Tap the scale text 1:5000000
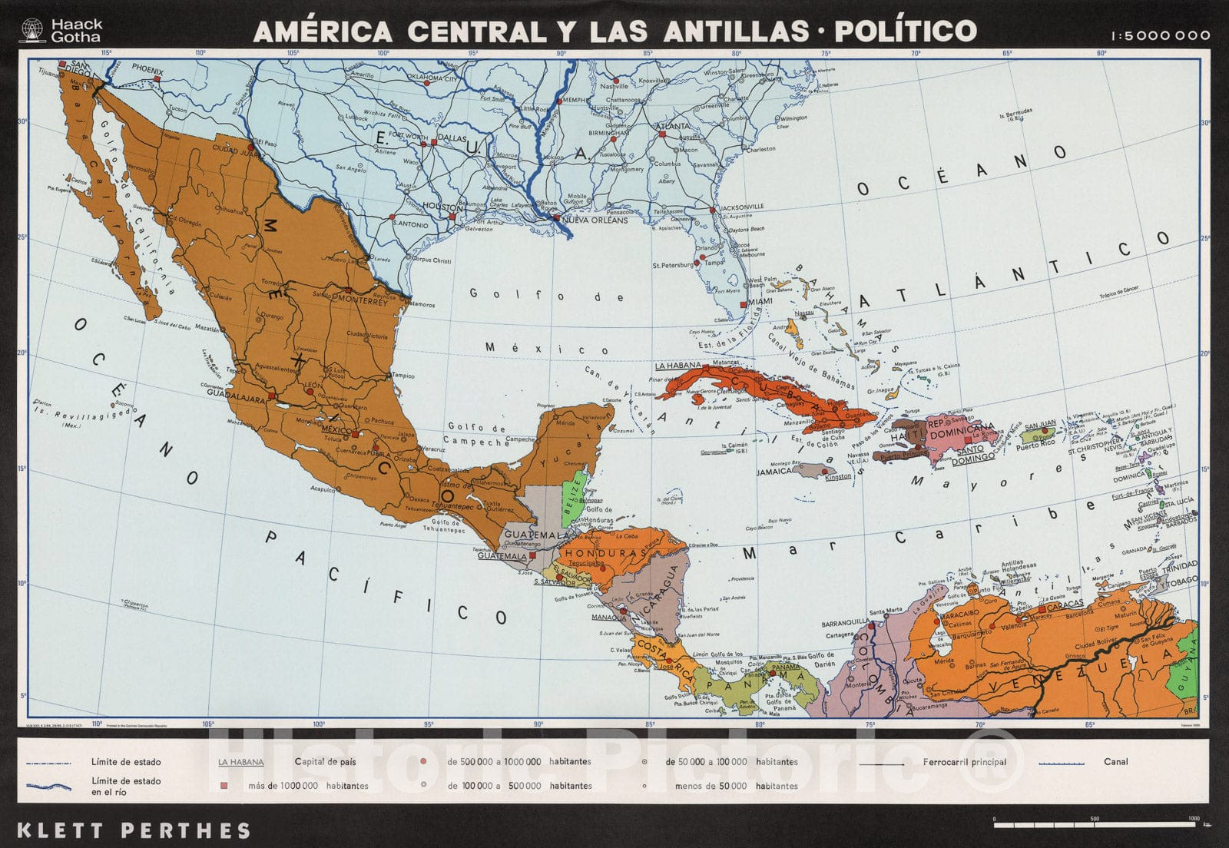[x=1159, y=35]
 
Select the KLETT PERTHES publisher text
[x=133, y=830]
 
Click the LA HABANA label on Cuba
[x=678, y=366]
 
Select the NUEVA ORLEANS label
[x=595, y=220]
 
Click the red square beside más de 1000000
[x=224, y=786]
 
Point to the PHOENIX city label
[x=147, y=70]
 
